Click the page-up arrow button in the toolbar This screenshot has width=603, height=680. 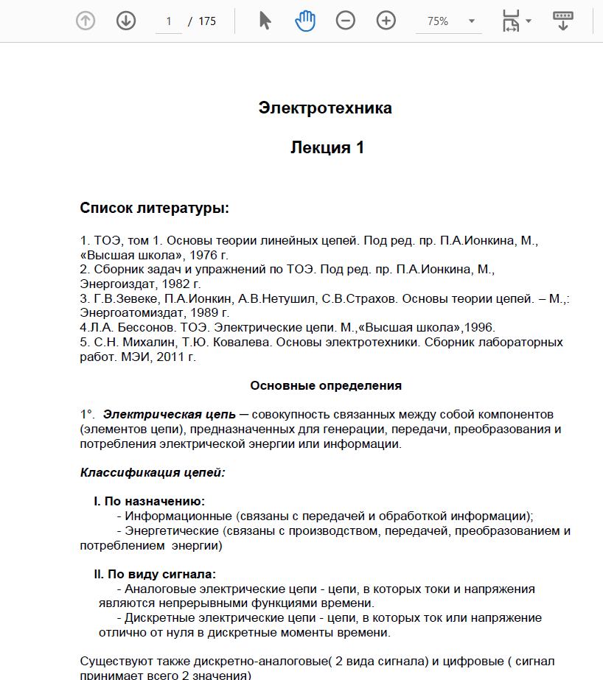click(86, 21)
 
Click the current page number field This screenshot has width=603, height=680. click(169, 21)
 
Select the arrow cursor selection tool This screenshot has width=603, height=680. click(265, 21)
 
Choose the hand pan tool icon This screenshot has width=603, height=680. click(305, 21)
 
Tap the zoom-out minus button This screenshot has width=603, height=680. click(345, 21)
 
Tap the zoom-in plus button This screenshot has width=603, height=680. click(386, 21)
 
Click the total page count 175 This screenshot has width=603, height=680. click(207, 21)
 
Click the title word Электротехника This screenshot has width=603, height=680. click(325, 108)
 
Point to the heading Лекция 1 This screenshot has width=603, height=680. click(327, 147)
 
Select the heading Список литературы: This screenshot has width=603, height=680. click(155, 208)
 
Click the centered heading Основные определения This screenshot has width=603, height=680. click(326, 385)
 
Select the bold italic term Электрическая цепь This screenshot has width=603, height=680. click(170, 414)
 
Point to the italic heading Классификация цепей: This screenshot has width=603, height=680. click(153, 472)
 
